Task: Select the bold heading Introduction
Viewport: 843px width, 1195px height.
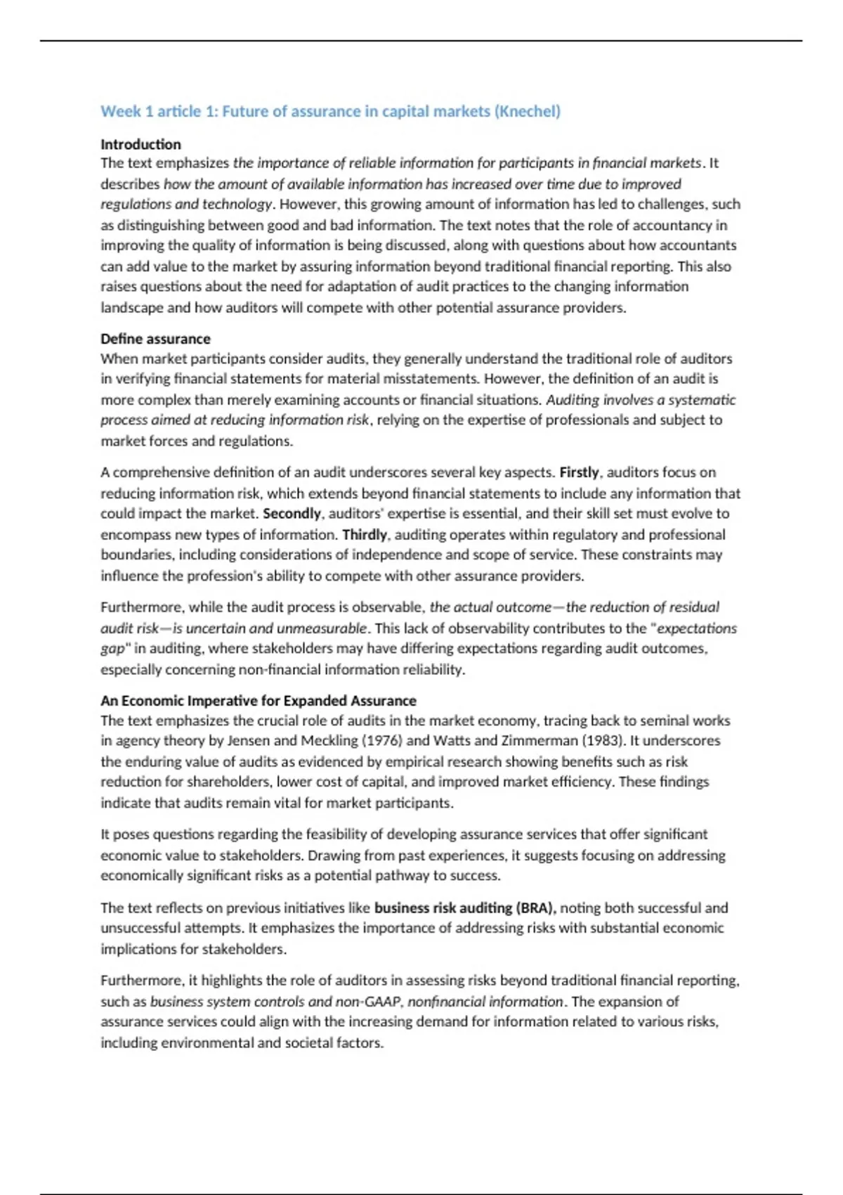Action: (x=140, y=144)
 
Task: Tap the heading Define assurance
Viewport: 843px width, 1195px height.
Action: (x=155, y=339)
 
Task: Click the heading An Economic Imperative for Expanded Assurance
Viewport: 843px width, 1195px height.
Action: (x=258, y=701)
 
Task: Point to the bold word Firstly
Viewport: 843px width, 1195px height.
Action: (x=579, y=472)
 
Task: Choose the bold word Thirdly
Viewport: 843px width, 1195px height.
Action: (x=365, y=534)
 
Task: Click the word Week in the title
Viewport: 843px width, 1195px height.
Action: (x=116, y=111)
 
